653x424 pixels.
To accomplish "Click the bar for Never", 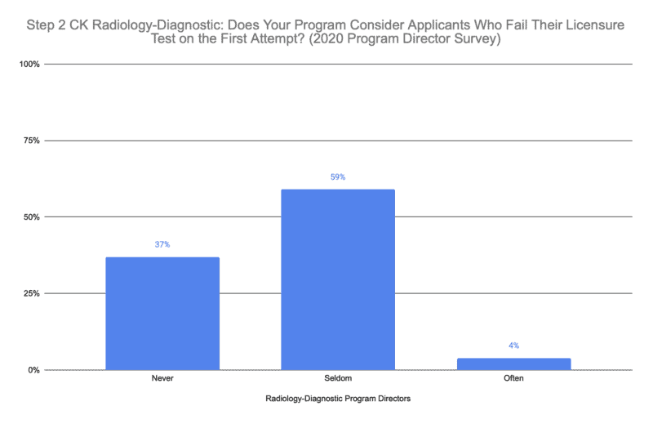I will click(x=162, y=314).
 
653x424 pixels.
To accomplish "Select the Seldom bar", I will click(x=338, y=279).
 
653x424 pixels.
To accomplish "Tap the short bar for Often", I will click(x=513, y=364).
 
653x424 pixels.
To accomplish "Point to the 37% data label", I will click(x=162, y=245).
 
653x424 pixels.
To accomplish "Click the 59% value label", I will click(x=338, y=177).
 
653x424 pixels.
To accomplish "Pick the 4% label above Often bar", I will click(x=513, y=346).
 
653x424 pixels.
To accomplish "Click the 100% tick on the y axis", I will click(x=31, y=64).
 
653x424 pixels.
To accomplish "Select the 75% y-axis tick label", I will click(x=33, y=141).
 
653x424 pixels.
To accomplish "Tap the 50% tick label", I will click(x=33, y=217).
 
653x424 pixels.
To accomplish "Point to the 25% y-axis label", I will click(x=33, y=293).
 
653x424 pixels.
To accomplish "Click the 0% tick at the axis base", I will click(x=35, y=370).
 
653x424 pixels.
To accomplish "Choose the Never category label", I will click(x=162, y=379).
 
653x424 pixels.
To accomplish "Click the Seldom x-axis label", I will click(x=338, y=379).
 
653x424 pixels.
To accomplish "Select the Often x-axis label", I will click(x=513, y=379).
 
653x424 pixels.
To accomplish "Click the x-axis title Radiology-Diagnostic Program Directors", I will click(x=338, y=399).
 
